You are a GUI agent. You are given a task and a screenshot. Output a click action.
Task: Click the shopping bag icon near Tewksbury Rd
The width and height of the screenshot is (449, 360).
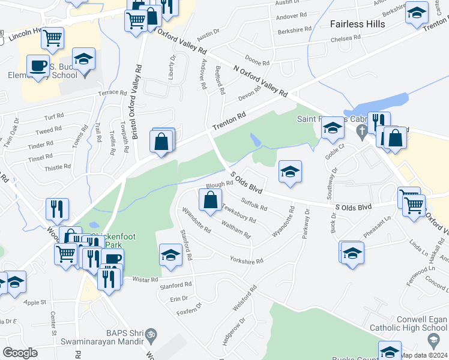pyautogui.click(x=210, y=202)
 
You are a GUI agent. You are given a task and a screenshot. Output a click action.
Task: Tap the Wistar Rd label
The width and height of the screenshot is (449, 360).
pyautogui.click(x=145, y=279)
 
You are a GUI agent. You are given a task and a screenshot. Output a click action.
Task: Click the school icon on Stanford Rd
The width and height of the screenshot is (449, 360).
pyautogui.click(x=170, y=256)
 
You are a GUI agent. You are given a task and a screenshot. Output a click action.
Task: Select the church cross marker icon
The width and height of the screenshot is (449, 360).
pyautogui.click(x=361, y=130)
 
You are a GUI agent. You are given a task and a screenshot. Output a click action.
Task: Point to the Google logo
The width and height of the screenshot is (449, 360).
pyautogui.click(x=20, y=353)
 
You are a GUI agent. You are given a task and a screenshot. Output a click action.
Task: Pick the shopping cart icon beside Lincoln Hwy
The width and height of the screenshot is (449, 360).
pyautogui.click(x=53, y=38)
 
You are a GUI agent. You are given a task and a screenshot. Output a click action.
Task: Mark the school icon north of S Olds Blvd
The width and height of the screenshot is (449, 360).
pyautogui.click(x=290, y=172)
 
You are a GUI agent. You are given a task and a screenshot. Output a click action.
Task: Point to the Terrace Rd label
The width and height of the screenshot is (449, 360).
pyautogui.click(x=113, y=94)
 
